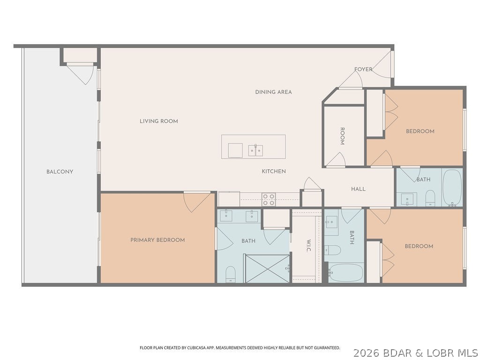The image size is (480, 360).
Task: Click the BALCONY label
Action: (60, 172)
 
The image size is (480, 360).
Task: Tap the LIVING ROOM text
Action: (158, 121)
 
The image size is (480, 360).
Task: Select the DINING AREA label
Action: (273, 92)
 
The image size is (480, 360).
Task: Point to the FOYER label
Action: (363, 69)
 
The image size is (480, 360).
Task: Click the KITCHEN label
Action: (274, 172)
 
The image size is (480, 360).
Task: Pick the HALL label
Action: (358, 189)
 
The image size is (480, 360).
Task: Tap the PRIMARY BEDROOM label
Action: (157, 240)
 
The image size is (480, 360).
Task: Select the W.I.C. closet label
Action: (309, 245)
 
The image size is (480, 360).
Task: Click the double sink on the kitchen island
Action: (255, 150)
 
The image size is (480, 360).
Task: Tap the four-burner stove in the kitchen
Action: (269, 200)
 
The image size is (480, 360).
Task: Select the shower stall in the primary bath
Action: (268, 269)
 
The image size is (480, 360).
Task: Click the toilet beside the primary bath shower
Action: (230, 274)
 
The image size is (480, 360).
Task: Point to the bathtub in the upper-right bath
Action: (452, 187)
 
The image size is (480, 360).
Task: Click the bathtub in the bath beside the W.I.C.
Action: (346, 272)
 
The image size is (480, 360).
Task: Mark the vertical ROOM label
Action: (342, 136)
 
